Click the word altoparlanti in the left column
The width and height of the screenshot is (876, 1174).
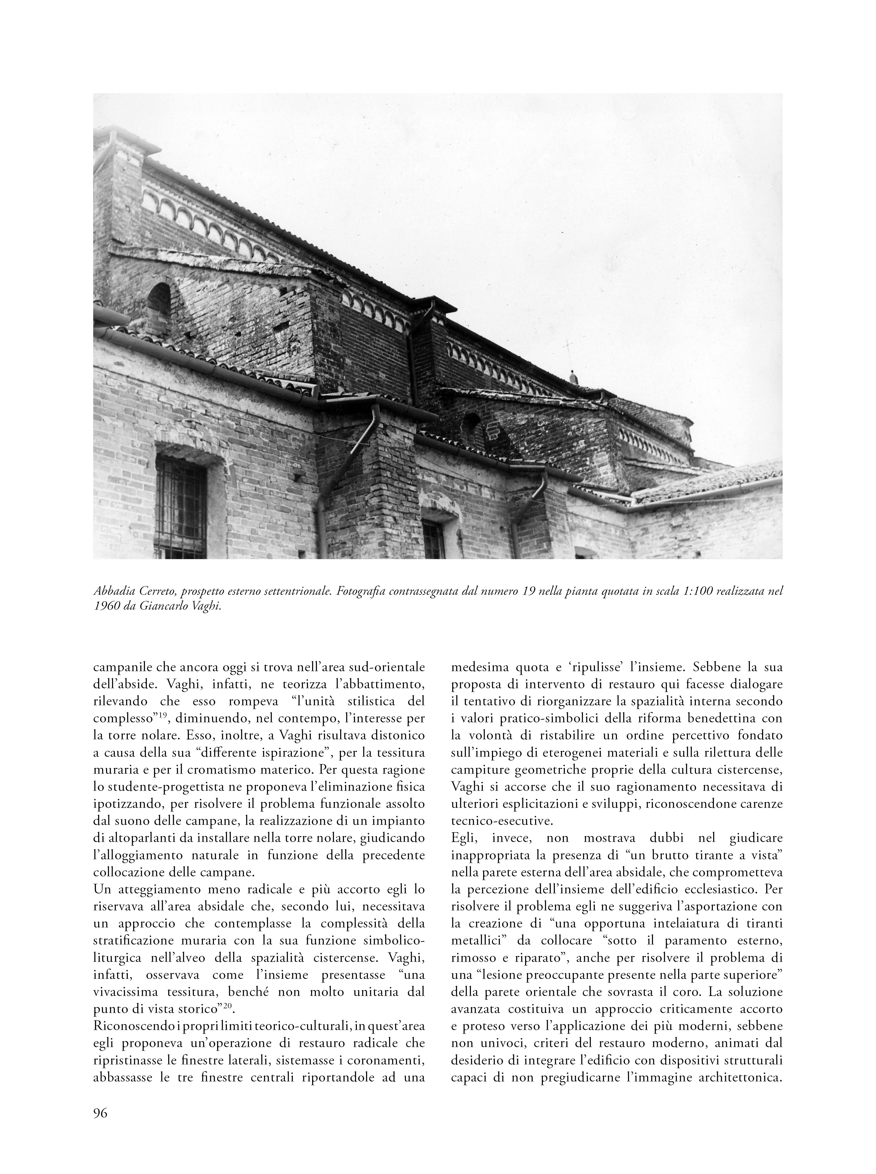143,838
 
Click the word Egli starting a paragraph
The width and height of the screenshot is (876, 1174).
464,838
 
